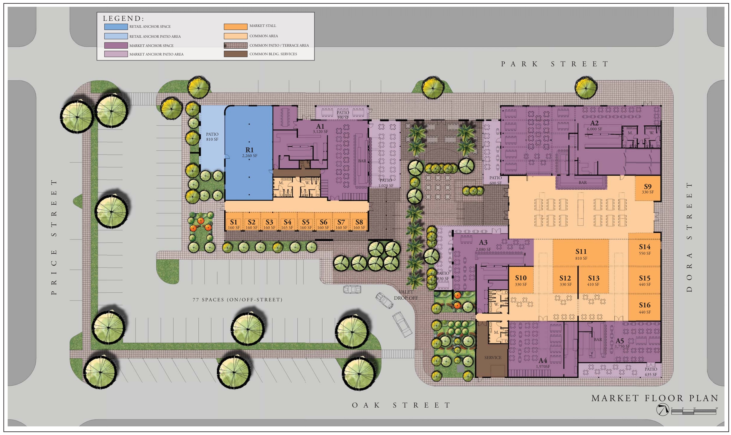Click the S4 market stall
(x=287, y=224)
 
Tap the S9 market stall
(x=648, y=188)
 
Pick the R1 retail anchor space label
(x=249, y=152)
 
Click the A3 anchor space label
(x=483, y=245)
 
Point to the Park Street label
(x=555, y=64)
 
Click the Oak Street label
(x=401, y=405)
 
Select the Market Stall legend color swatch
(x=235, y=26)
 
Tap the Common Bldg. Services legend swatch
(x=235, y=54)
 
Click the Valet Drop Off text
(x=405, y=295)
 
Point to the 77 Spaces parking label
(x=237, y=300)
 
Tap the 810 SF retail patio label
(x=212, y=136)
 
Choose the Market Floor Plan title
(x=655, y=398)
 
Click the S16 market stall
(x=644, y=307)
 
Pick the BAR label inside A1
(x=362, y=161)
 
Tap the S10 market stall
(x=521, y=280)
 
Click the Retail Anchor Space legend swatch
(x=116, y=27)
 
